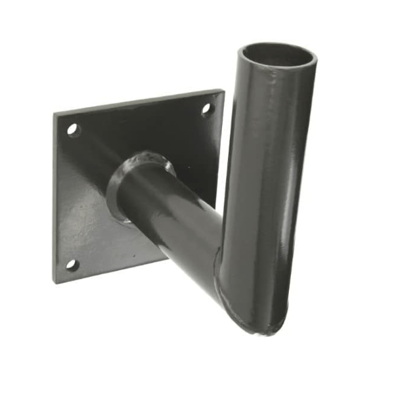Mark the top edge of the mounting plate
point(138,102)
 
